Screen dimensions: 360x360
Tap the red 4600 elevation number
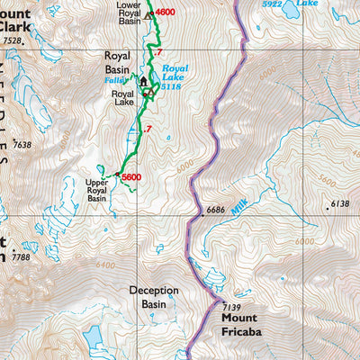165,13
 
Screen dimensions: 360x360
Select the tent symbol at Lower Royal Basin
148,14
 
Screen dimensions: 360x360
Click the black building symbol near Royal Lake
142,82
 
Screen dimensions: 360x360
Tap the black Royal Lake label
122,97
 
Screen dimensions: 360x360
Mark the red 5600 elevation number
131,177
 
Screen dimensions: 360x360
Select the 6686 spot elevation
219,210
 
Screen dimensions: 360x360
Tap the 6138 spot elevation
338,204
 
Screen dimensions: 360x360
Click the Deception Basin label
153,297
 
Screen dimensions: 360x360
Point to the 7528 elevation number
11,41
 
